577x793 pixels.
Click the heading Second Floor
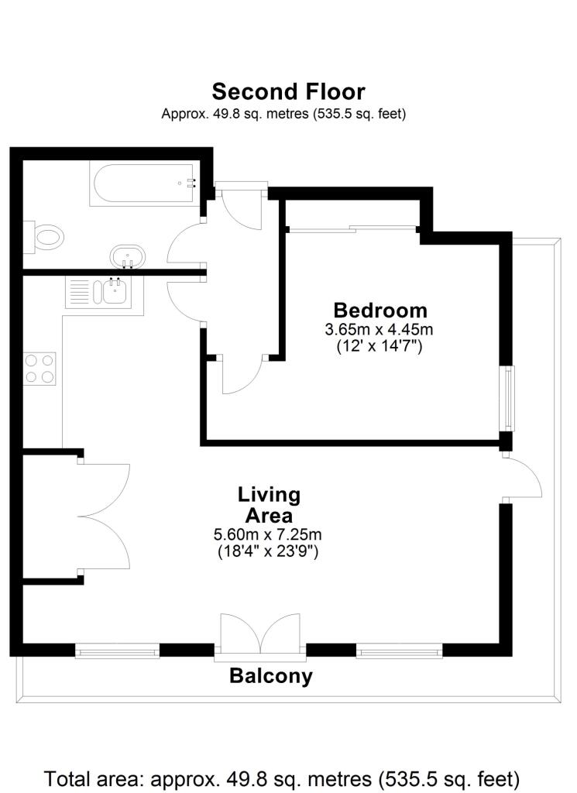(x=288, y=91)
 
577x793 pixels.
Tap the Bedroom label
(x=380, y=310)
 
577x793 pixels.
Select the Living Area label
(x=269, y=504)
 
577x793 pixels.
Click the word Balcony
(x=271, y=676)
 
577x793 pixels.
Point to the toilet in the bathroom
(x=46, y=236)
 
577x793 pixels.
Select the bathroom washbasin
(x=127, y=256)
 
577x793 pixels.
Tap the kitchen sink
(x=111, y=292)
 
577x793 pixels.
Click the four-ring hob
(x=39, y=368)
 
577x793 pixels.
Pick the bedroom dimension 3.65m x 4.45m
(x=379, y=329)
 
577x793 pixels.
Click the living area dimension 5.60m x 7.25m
(x=268, y=534)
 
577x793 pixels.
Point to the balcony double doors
(x=260, y=635)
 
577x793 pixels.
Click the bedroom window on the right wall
(x=507, y=398)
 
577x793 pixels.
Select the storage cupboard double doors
(x=105, y=515)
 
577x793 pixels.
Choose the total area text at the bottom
(x=282, y=777)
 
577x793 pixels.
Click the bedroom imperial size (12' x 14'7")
(x=379, y=346)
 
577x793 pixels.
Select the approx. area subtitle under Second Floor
(x=283, y=113)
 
